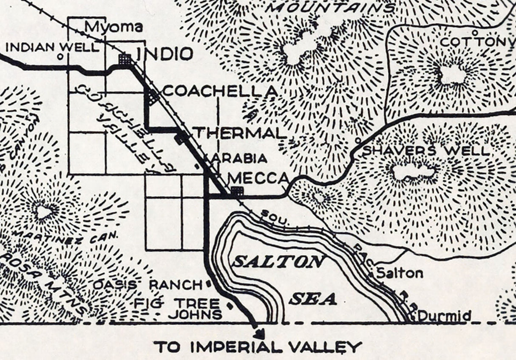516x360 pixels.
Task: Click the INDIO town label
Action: pyautogui.click(x=164, y=54)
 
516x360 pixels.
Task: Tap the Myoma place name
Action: pyautogui.click(x=113, y=27)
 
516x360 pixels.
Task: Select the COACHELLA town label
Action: pyautogui.click(x=220, y=91)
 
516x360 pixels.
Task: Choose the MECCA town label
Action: pyautogui.click(x=259, y=178)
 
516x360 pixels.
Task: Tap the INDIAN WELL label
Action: pyautogui.click(x=52, y=47)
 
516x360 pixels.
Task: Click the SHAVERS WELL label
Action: pyautogui.click(x=425, y=150)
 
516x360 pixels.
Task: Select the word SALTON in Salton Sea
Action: pyautogui.click(x=279, y=262)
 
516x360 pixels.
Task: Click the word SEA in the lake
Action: pyautogui.click(x=313, y=299)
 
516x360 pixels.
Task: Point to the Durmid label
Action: pyautogui.click(x=444, y=316)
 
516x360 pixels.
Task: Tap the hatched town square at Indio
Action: pyautogui.click(x=124, y=59)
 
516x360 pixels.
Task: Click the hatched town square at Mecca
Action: pyautogui.click(x=237, y=190)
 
